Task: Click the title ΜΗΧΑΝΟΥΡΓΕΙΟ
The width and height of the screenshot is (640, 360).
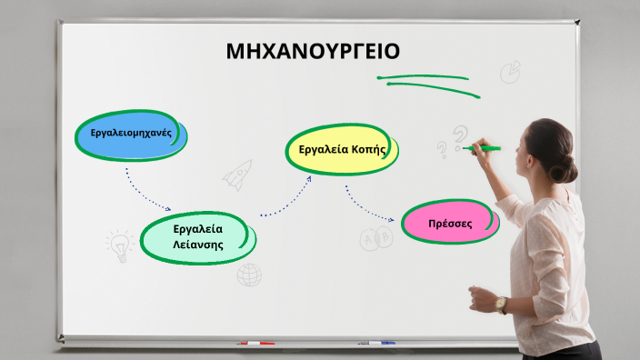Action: point(312,52)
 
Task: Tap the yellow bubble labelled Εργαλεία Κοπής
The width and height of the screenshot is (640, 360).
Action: point(343,149)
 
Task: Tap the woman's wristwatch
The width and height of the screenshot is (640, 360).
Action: point(502,305)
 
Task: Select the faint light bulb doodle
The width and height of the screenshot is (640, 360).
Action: point(118,244)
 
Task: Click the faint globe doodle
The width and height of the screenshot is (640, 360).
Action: point(249,275)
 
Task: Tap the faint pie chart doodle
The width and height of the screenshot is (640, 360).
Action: point(511,71)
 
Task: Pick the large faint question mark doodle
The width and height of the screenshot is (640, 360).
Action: point(460,136)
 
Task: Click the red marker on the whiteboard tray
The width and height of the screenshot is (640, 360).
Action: point(255,343)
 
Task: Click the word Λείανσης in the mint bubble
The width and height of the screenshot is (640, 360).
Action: point(198,245)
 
